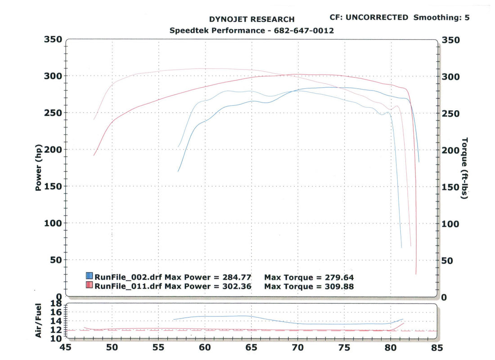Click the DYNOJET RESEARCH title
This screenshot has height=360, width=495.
tap(252, 19)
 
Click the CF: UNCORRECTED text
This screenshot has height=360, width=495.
tap(369, 18)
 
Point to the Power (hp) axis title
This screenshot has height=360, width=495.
tap(38, 168)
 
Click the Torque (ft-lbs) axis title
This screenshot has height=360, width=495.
tap(464, 168)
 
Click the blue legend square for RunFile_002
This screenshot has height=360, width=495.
tap(90, 276)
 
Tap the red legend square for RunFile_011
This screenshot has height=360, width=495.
tap(90, 285)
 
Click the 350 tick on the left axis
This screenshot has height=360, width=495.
tap(53, 40)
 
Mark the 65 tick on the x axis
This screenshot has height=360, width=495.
tap(251, 348)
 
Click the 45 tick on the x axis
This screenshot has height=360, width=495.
tap(66, 348)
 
